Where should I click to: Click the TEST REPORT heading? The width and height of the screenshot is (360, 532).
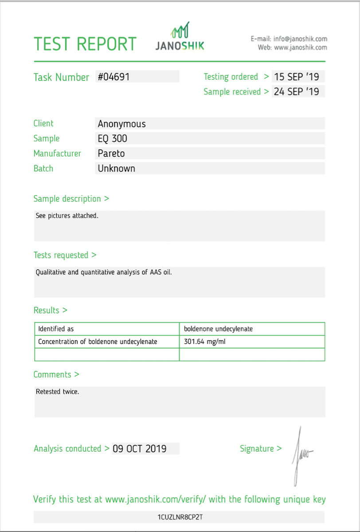click(85, 44)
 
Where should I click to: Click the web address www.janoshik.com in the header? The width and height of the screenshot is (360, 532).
click(301, 47)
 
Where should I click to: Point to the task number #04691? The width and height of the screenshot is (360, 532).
click(113, 77)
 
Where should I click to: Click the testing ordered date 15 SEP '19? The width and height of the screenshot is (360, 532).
click(297, 77)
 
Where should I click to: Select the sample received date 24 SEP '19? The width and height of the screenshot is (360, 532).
click(297, 92)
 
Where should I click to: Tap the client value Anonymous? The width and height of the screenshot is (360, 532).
click(121, 124)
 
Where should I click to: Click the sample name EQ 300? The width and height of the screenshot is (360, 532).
click(112, 138)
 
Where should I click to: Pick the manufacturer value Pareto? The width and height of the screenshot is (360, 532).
click(111, 153)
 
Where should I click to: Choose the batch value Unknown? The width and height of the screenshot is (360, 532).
click(116, 168)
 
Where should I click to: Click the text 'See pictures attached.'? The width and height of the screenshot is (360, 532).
click(67, 216)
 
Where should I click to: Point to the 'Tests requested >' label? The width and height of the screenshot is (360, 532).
click(65, 255)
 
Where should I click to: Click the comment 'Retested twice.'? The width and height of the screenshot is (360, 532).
click(57, 392)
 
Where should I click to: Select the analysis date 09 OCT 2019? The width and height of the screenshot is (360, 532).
click(140, 449)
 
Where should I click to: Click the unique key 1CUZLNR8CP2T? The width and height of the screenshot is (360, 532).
click(180, 517)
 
